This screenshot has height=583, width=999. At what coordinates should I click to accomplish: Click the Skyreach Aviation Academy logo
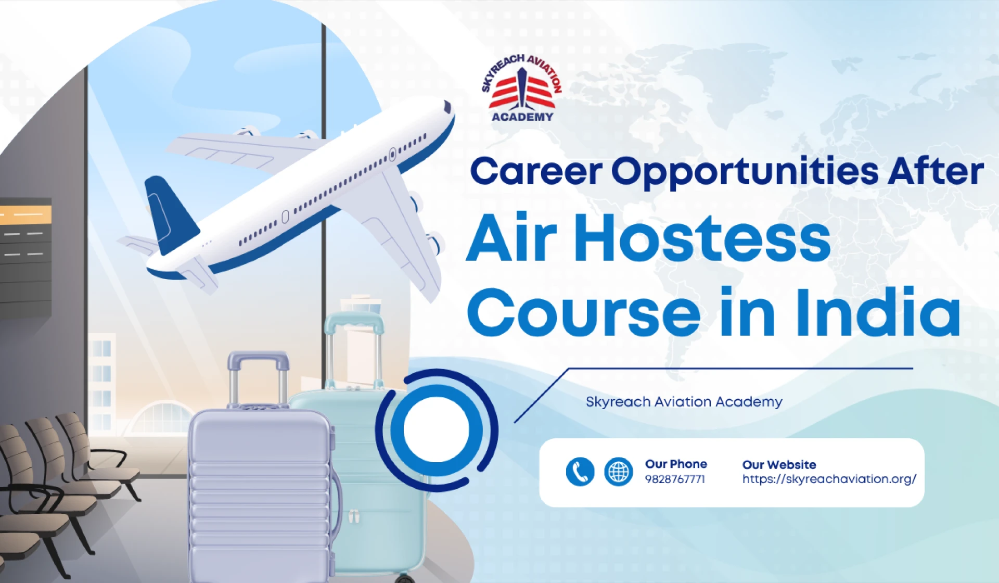point(522,89)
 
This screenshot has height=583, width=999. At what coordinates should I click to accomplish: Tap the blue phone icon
point(580,472)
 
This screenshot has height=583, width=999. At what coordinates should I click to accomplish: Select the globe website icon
point(618,472)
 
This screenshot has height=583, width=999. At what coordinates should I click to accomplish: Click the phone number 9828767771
point(675,479)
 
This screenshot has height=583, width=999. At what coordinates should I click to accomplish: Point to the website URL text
point(829,479)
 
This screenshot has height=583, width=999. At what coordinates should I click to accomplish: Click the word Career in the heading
point(535,172)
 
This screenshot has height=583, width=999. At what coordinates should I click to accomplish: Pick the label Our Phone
point(676,464)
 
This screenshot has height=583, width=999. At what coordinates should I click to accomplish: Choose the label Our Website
point(779,464)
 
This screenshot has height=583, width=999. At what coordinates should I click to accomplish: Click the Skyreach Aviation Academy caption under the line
point(684,402)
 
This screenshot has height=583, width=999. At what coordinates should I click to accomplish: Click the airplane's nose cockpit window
point(447,107)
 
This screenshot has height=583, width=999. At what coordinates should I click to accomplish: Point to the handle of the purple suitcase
point(259,359)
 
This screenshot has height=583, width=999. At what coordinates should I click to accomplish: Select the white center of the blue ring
point(436,430)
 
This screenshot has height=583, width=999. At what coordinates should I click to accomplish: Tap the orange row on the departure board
point(26,214)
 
